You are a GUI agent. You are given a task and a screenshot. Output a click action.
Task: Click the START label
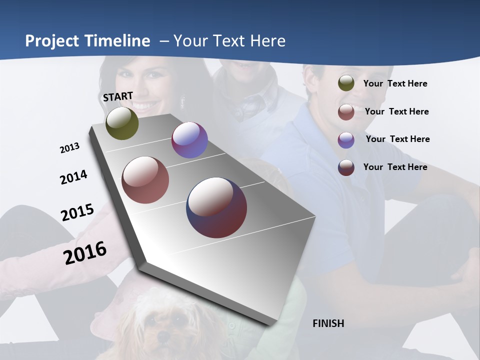[118, 96]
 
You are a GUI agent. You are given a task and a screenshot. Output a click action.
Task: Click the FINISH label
[328, 323]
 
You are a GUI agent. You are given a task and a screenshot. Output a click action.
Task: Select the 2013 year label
[69, 148]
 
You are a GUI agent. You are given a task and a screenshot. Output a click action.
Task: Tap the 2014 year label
[73, 177]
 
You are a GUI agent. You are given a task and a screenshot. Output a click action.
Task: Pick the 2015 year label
[77, 212]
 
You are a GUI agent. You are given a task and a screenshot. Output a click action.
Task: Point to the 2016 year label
[85, 252]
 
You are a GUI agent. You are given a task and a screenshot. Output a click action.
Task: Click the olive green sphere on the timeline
[122, 123]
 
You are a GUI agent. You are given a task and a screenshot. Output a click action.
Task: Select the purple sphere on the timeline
[189, 140]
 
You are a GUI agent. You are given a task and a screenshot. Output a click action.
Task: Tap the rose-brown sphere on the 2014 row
[145, 180]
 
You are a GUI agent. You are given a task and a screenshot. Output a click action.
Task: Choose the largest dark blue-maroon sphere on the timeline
[216, 207]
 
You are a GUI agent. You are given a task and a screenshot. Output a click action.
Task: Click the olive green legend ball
[346, 83]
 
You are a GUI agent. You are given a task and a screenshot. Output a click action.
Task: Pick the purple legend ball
[346, 140]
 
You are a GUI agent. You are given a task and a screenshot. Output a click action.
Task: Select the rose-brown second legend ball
[346, 112]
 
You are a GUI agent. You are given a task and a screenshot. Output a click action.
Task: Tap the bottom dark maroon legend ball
[346, 167]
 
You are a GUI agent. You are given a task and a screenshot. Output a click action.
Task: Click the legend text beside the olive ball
[395, 83]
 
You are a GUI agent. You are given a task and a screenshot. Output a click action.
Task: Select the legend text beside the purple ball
[397, 139]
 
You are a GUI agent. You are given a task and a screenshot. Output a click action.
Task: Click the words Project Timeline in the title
[87, 41]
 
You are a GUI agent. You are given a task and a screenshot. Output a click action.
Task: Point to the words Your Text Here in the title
[229, 41]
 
